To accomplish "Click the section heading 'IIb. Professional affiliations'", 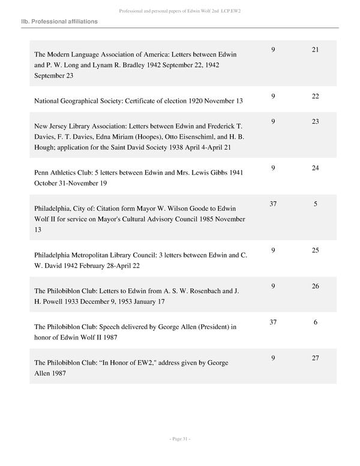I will tap(59, 22).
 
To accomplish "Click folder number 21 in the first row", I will tap(315, 49).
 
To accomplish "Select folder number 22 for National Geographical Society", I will tap(315, 96).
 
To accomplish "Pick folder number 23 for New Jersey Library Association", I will tap(315, 121).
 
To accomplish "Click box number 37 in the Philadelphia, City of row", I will tap(273, 204).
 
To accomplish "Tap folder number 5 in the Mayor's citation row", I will tap(315, 204).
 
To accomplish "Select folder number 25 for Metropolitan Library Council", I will tap(315, 250).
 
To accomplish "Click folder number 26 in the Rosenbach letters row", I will tap(315, 286).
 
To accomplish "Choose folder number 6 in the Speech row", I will tap(315, 322).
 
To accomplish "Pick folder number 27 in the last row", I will tap(315, 359).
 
